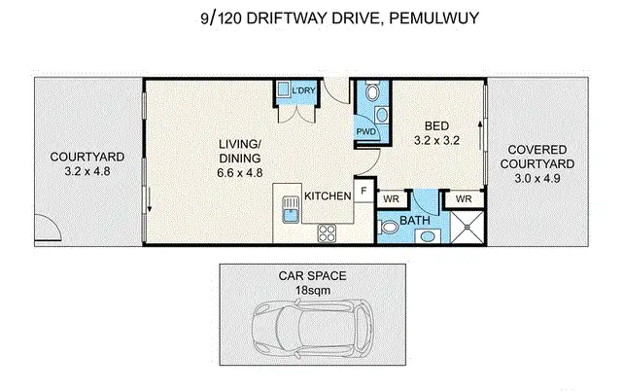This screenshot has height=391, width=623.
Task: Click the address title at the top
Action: point(311,16)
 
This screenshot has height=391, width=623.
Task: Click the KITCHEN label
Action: point(328,196)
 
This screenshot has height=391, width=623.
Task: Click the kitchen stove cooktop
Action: point(328,232)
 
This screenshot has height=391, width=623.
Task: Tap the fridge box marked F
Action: point(363,192)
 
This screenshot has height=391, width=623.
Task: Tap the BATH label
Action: point(416,222)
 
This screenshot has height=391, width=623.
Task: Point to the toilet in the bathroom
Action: point(389,229)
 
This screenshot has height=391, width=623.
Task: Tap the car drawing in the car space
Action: point(311,330)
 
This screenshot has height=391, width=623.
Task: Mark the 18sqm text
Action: point(311,290)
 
